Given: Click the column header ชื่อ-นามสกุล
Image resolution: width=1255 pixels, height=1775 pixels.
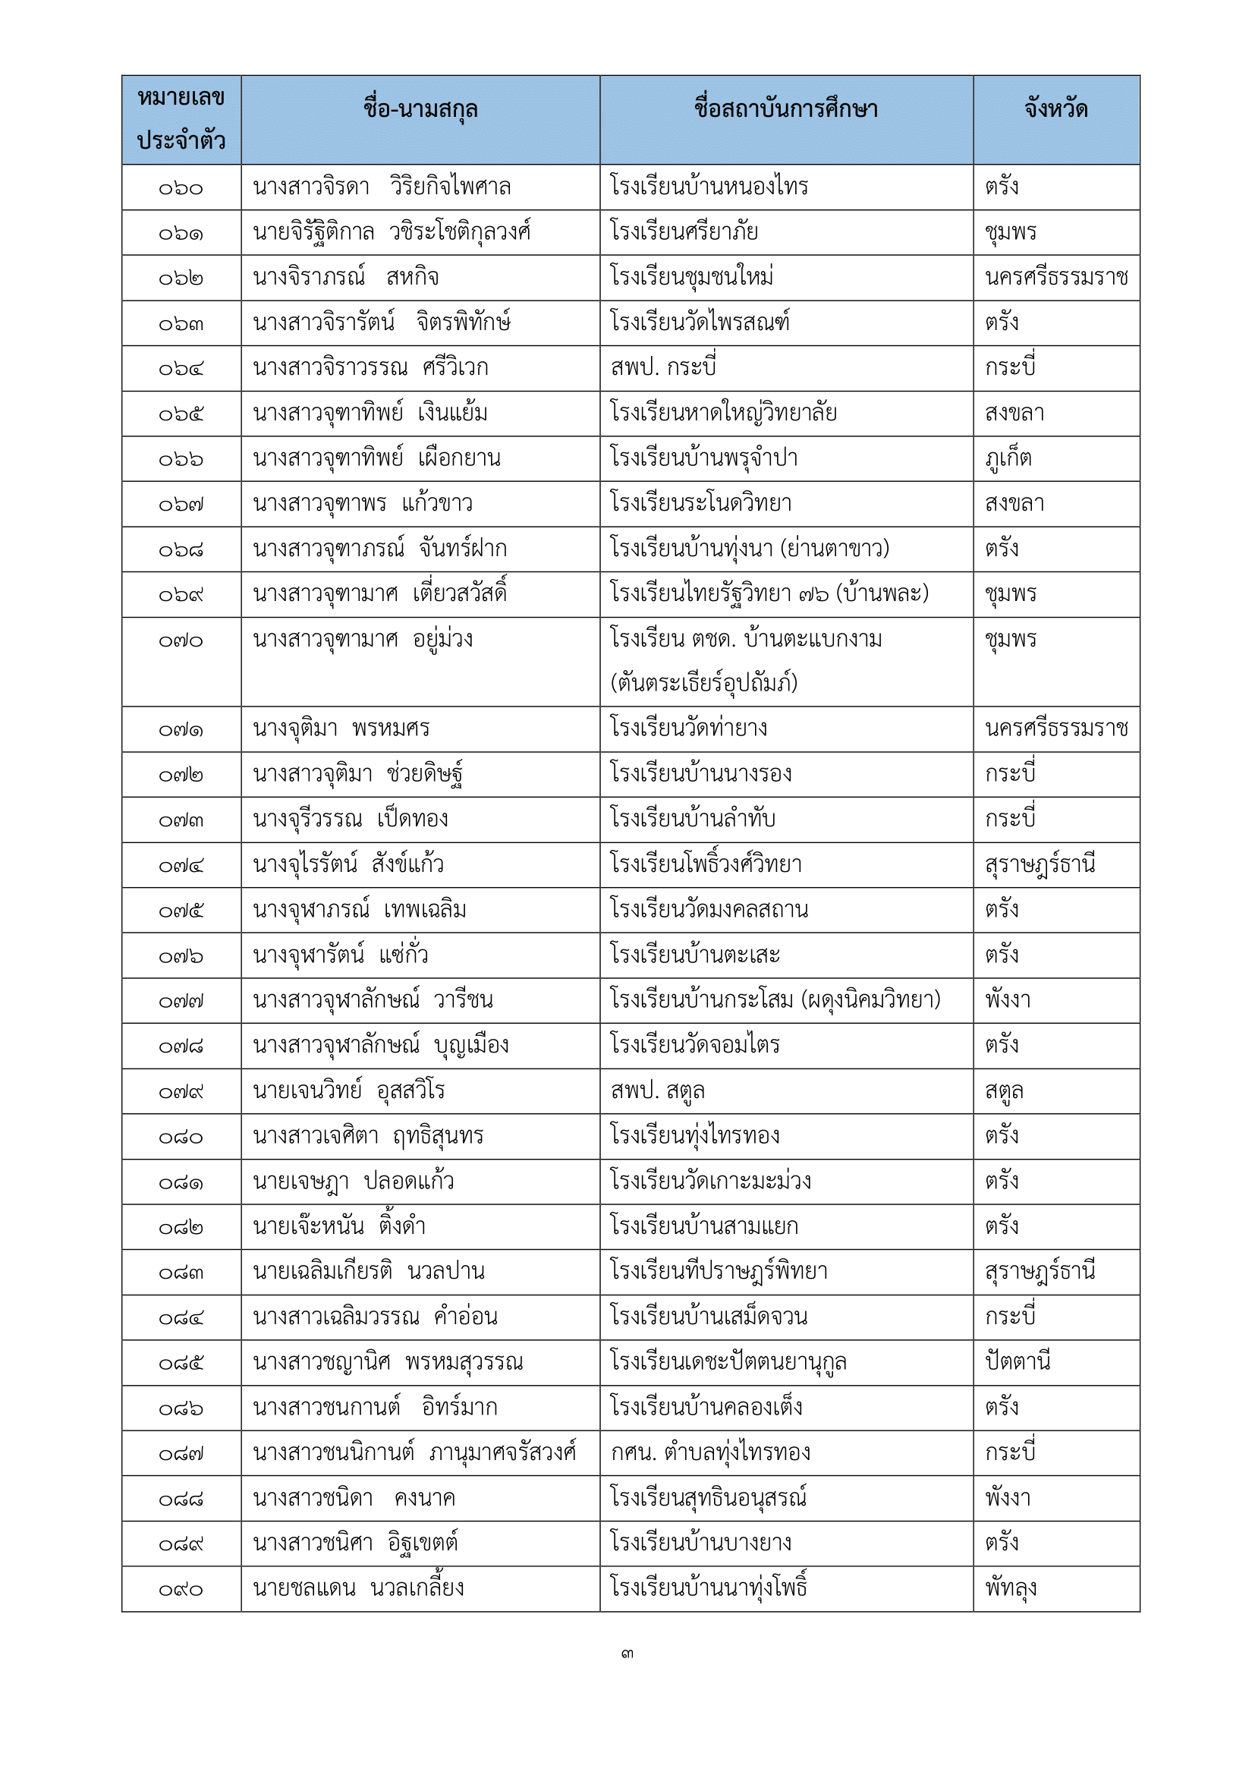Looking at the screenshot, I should click(x=420, y=110).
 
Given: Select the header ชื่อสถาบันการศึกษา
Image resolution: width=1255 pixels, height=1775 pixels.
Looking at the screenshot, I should click(x=786, y=110).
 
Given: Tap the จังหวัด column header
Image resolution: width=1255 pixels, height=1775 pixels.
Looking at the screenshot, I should click(x=1055, y=110).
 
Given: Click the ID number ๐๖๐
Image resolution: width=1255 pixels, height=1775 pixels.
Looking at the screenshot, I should click(x=181, y=188).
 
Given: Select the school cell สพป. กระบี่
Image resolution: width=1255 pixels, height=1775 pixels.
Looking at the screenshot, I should click(x=663, y=368).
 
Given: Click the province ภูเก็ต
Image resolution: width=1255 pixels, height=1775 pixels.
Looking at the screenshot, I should click(x=1008, y=458).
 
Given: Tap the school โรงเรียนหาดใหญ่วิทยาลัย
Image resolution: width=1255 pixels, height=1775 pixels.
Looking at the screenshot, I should click(x=722, y=413).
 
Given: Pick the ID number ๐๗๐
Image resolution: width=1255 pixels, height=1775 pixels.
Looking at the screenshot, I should click(x=181, y=641).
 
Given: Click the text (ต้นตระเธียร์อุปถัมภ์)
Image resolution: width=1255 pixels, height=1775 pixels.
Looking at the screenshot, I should click(x=703, y=683).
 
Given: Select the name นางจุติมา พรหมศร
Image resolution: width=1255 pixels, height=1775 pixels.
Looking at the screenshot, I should click(x=341, y=729).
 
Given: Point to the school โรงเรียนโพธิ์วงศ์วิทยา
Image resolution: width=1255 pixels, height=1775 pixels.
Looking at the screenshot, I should click(x=706, y=864).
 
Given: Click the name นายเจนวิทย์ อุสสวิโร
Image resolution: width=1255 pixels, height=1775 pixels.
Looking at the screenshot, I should click(x=348, y=1090).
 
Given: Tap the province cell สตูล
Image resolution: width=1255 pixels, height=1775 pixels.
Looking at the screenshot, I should click(x=1004, y=1090).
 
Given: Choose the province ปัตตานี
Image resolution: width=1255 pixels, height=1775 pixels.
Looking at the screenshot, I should click(x=1017, y=1362).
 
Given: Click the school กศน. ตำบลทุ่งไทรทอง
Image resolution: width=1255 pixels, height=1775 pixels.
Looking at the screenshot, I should click(x=710, y=1452).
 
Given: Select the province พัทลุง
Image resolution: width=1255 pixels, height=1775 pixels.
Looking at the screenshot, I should click(x=1010, y=1588).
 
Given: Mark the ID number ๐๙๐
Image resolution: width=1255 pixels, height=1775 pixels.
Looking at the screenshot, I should click(x=181, y=1590).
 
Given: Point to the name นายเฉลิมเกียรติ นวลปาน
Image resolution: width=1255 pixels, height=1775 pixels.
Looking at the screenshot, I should click(x=369, y=1272).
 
